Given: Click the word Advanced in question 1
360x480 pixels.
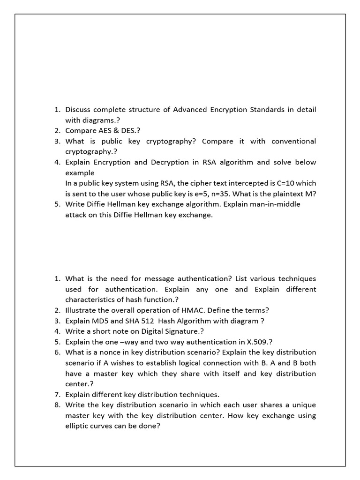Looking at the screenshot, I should pos(191,110).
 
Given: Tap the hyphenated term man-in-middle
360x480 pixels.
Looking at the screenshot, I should pos(275,204).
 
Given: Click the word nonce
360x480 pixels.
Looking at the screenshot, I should pos(104,352).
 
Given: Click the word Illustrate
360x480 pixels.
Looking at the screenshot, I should pos(82,310).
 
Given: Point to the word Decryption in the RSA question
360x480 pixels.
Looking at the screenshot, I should pos(168,162).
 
